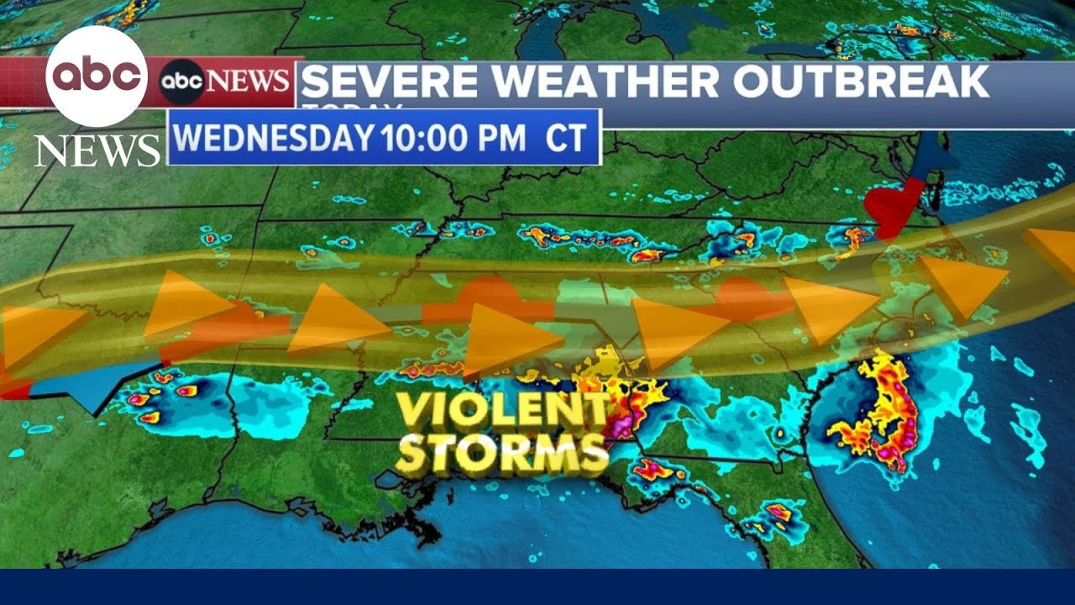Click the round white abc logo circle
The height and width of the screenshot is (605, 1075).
[97, 76]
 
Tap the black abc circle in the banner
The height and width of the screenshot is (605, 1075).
[182, 82]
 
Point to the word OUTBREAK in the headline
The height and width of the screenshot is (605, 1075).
[860, 81]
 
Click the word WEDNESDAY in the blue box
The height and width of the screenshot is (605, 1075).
[274, 138]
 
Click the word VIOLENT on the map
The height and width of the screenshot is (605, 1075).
[503, 413]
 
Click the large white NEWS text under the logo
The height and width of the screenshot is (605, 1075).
[97, 151]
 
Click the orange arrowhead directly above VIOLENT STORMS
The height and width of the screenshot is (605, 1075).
[508, 338]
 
